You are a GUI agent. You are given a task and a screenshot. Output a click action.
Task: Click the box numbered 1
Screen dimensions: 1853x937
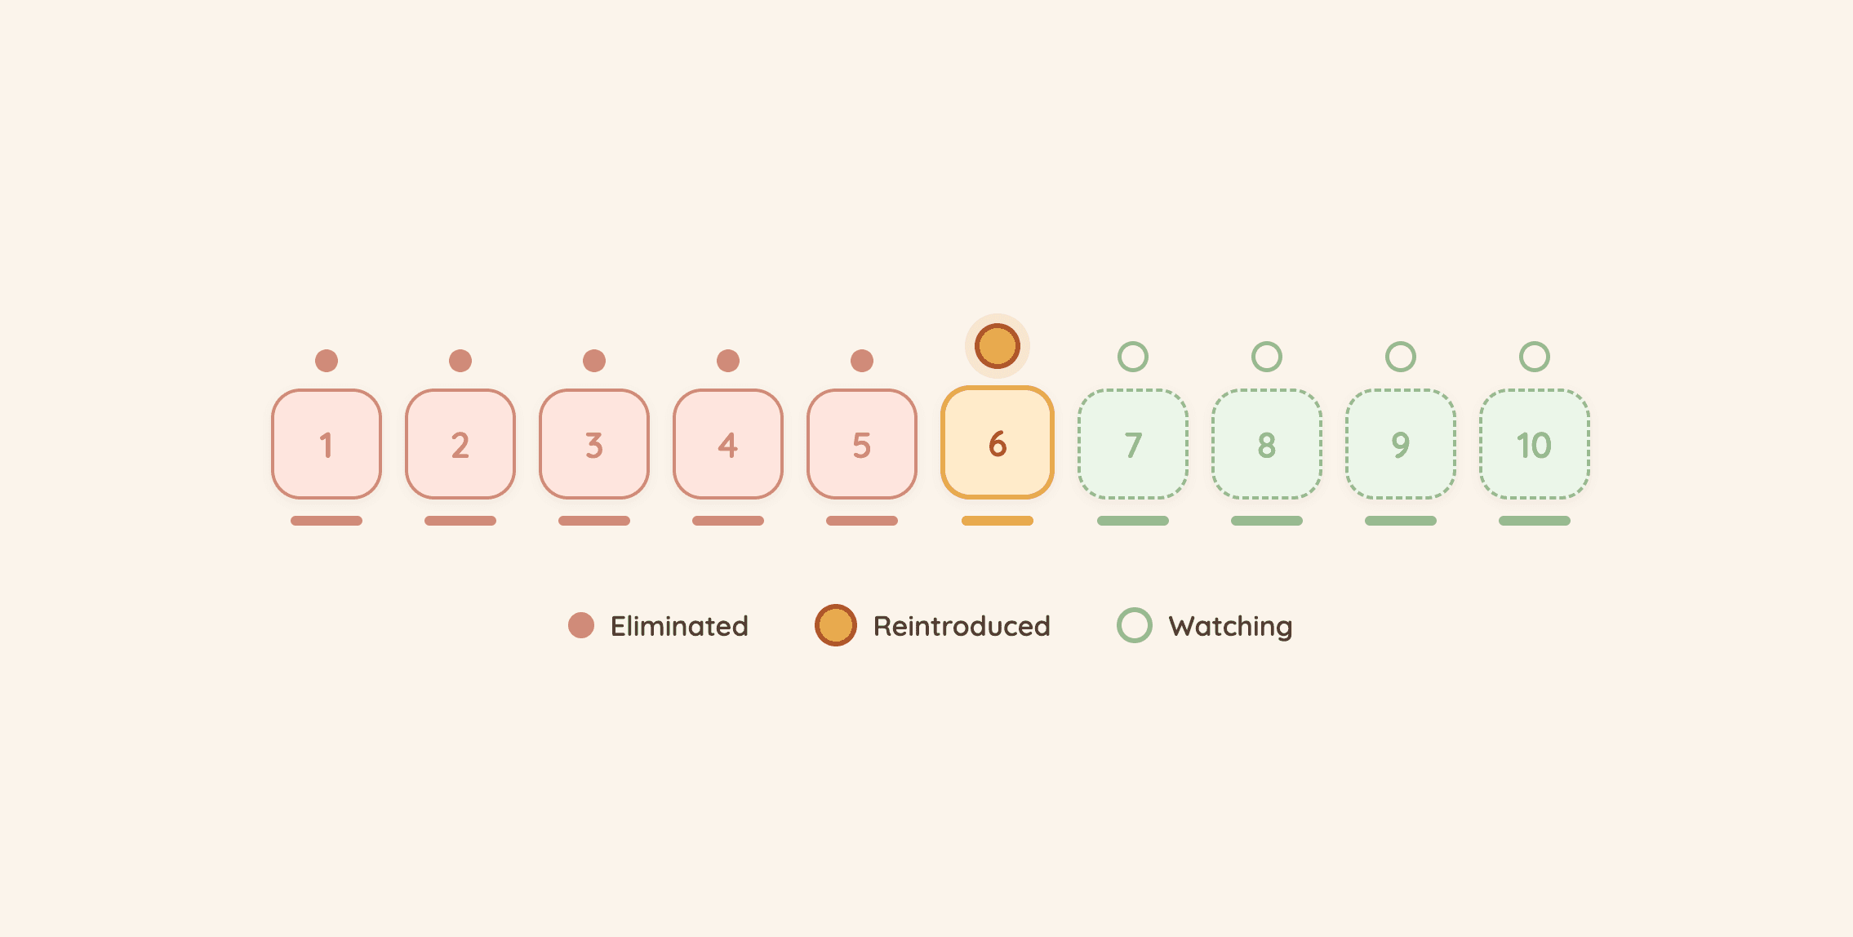pos(327,444)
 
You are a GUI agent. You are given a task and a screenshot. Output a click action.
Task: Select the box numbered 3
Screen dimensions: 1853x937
pos(594,444)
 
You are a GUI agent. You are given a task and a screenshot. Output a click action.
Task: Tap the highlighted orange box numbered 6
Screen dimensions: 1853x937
pos(998,442)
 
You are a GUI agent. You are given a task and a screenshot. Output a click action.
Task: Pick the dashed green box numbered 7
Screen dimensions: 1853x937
pos(1133,444)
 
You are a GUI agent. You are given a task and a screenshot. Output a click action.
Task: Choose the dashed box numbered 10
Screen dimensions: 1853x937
pos(1535,444)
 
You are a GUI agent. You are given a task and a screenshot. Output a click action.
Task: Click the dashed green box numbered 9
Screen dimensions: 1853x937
pos(1401,444)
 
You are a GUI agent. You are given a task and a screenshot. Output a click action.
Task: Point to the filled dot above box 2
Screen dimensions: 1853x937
pos(460,361)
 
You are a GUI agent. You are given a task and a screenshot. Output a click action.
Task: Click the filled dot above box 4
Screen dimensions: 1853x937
pos(728,361)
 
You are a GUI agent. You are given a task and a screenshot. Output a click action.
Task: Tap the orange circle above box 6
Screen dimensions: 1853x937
pos(998,346)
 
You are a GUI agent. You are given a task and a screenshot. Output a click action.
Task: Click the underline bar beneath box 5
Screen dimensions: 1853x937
pos(862,521)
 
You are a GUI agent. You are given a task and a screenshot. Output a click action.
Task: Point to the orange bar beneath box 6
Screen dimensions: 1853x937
pos(998,521)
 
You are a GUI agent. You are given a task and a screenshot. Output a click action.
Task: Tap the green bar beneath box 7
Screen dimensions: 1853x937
pos(1133,521)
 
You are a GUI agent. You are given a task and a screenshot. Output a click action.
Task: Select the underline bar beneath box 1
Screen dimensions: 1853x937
pos(327,521)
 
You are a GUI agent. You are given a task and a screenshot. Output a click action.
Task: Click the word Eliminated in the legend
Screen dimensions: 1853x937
pos(679,626)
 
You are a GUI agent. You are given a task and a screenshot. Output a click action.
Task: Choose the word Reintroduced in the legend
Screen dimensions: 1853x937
pos(962,626)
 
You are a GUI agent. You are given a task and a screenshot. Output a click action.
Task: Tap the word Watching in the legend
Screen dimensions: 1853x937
pos(1230,627)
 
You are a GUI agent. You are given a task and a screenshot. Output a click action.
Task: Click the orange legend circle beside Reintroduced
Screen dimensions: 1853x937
pos(836,625)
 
